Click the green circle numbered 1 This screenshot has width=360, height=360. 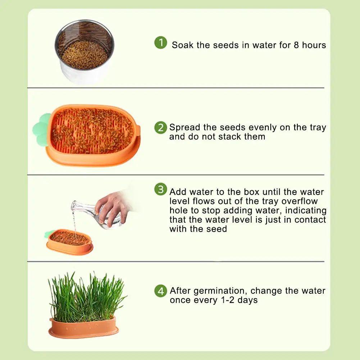[161, 42]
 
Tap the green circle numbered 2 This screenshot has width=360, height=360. [161, 127]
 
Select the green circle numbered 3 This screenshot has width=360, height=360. [161, 189]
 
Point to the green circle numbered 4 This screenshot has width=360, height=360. [161, 291]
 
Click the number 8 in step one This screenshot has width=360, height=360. [296, 45]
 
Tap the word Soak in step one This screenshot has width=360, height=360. [183, 45]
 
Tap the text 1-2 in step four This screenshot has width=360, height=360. [228, 300]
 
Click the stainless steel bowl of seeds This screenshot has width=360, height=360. [85, 51]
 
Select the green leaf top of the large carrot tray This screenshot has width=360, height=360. [42, 130]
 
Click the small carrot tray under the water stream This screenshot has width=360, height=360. [69, 242]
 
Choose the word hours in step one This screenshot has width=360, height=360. [314, 45]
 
